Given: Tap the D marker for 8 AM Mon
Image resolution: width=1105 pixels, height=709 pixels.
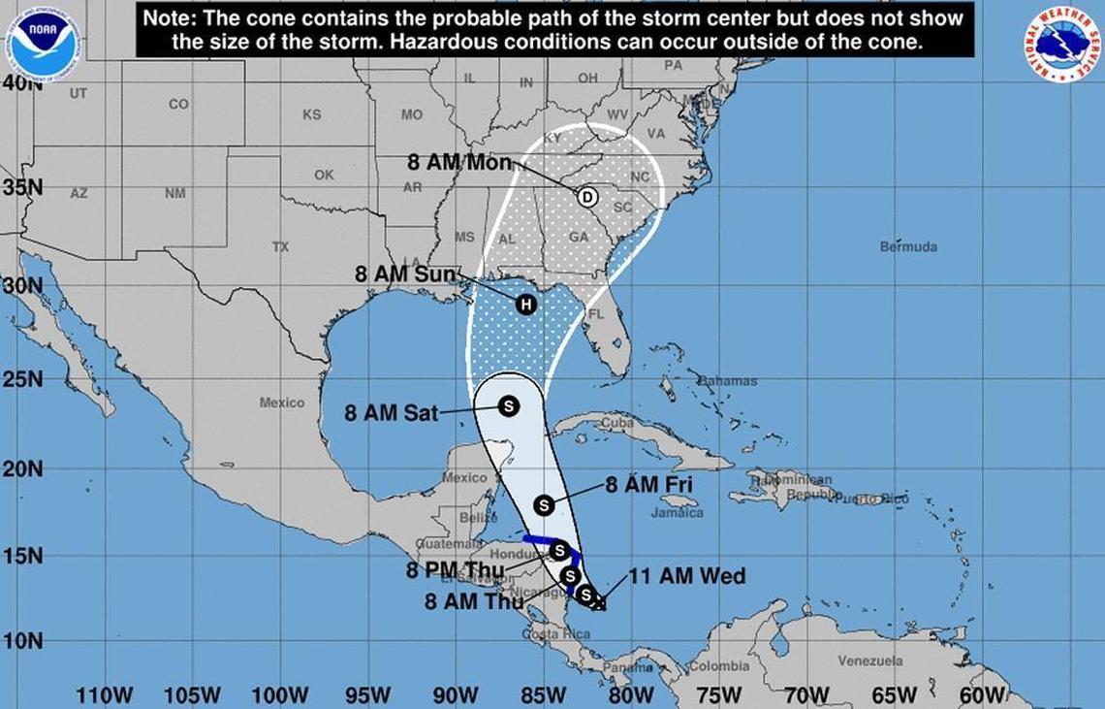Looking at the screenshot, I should coord(586,197).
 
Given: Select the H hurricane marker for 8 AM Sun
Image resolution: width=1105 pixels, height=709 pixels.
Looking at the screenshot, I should coord(525,305).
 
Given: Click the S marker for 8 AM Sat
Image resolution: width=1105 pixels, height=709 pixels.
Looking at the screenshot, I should coord(508,406).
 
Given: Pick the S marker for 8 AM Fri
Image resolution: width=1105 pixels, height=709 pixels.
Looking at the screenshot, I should coord(544,505).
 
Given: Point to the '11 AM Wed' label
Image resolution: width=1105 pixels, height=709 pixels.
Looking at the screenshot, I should coord(687,577).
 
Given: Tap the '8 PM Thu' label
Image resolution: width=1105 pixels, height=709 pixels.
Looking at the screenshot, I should coord(450,569).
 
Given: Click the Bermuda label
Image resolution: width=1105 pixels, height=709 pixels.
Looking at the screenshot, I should coord(908,246).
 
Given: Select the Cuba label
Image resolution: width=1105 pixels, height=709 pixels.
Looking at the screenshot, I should coord(616,423).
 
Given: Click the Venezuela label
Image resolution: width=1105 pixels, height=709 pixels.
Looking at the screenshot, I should coord(870,661).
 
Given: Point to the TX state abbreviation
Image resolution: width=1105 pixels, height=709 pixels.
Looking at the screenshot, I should coord(280,246).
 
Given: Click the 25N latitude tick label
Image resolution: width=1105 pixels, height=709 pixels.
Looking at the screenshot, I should coord(22,379).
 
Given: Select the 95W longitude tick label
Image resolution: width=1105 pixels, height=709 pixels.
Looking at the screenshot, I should coord(367,695).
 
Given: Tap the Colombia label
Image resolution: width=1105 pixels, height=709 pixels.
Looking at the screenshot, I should coord(718,666).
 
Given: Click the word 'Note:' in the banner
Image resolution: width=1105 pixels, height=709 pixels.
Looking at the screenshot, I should coord(169,18).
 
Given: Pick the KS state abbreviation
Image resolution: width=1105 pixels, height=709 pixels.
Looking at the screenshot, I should coord(311,114).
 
